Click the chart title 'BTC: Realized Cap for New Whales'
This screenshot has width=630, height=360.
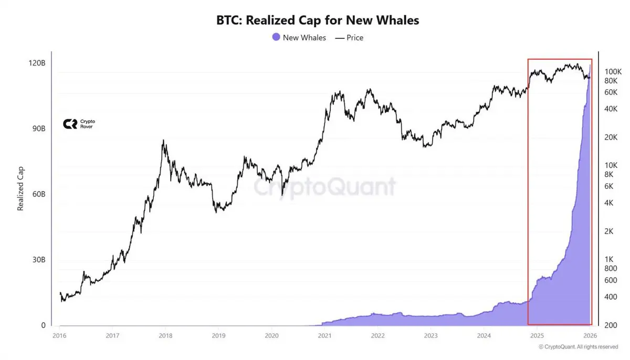[318, 20]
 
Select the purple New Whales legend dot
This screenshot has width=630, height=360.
[276, 37]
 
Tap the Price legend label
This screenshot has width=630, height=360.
[354, 38]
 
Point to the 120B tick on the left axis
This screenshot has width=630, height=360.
[37, 63]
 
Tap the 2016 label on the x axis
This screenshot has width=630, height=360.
[59, 335]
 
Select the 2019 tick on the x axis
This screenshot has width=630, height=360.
[218, 335]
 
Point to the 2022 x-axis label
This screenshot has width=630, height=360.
[377, 335]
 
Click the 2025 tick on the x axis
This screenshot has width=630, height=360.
[537, 335]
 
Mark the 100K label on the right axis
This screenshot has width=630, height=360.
[613, 71]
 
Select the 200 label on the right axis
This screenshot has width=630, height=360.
[611, 325]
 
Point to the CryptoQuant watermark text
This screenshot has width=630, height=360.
[325, 187]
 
